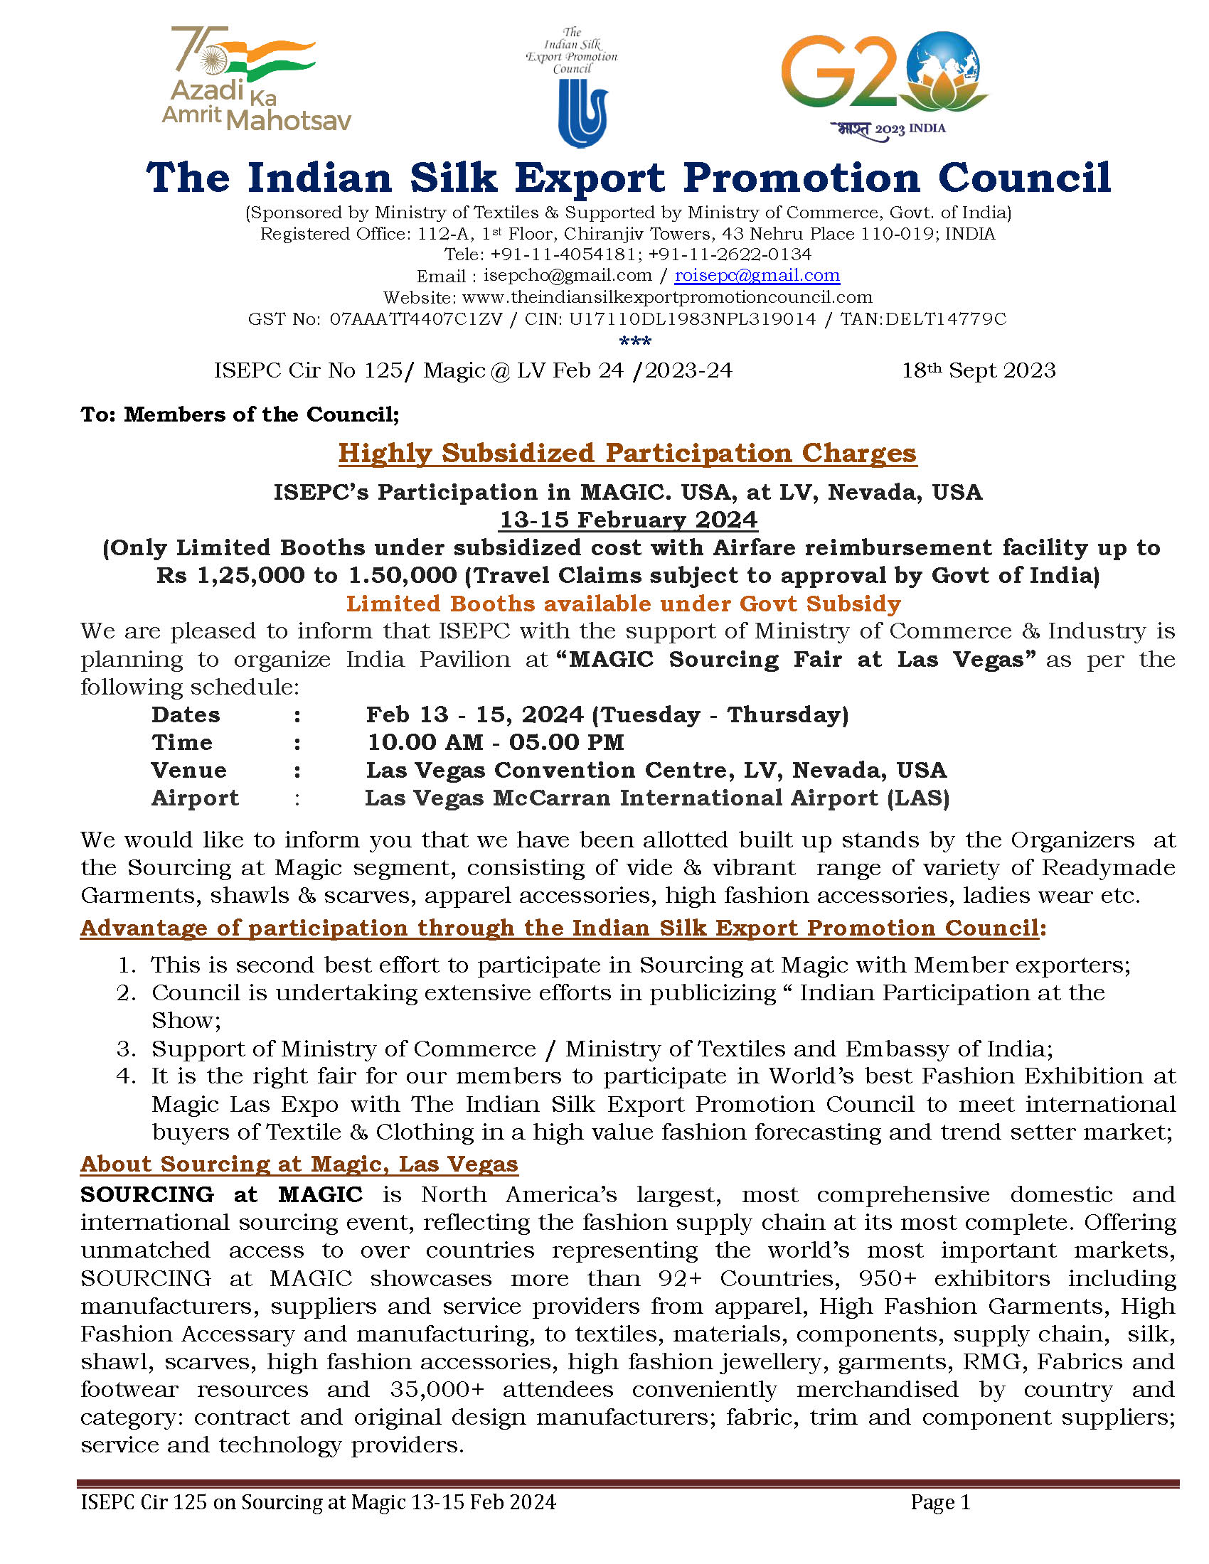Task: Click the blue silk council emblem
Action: coord(582,113)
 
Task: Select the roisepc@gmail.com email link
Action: coord(757,275)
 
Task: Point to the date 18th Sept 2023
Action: coord(979,370)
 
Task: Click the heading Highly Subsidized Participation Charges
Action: coord(627,454)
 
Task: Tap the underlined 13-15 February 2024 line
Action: coord(628,519)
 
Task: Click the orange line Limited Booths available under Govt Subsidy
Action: coord(623,604)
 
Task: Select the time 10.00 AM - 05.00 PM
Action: coord(495,742)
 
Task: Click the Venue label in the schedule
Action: coord(189,770)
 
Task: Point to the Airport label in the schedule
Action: coord(195,798)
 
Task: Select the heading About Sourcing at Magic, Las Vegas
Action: coord(299,1164)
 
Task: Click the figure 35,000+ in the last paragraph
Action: coord(437,1389)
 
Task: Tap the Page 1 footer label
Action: coord(939,1501)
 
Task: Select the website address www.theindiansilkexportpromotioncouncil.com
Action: coord(667,297)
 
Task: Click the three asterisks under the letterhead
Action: coord(634,341)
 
